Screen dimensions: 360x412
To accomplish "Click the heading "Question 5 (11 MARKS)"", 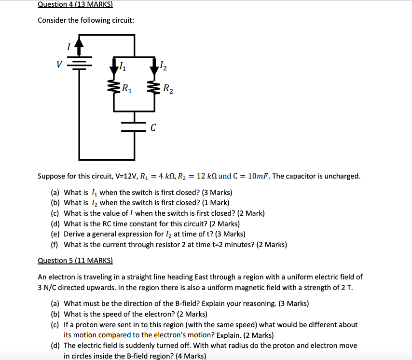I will point(75,261).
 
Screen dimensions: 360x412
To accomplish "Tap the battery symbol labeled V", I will point(79,64).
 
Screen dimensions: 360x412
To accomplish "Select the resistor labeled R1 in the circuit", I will point(114,88).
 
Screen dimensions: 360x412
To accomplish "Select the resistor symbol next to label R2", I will point(154,88).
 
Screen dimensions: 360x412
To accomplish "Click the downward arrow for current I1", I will point(114,66).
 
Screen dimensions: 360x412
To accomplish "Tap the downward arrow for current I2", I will point(154,66).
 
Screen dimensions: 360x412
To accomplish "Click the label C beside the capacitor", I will point(153,128).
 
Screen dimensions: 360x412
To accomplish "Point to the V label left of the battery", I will point(59,64).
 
